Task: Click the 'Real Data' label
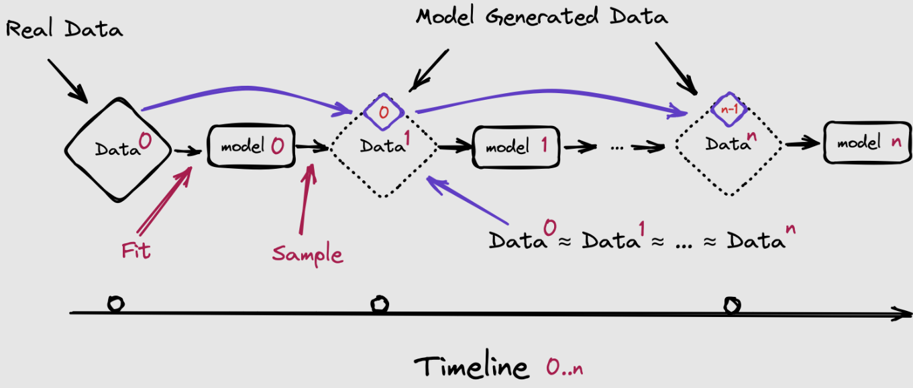[64, 29]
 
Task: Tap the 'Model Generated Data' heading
[541, 17]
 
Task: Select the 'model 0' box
[252, 146]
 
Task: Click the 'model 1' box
[516, 147]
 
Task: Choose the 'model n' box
[868, 143]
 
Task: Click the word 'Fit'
[136, 251]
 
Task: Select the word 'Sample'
[308, 254]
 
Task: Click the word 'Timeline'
[472, 367]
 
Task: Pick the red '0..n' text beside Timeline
[565, 367]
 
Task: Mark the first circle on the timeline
[116, 304]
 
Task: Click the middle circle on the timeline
[380, 304]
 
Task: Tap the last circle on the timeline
[732, 306]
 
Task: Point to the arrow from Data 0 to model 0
[188, 151]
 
